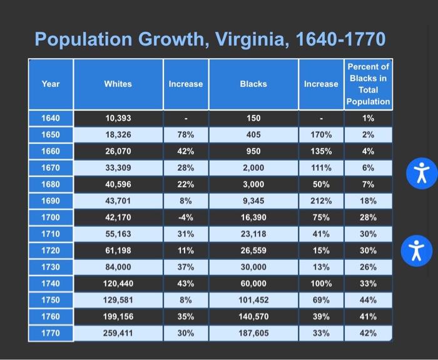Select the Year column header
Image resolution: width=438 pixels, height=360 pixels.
tap(51, 83)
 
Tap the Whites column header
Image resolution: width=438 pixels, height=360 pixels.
tap(118, 83)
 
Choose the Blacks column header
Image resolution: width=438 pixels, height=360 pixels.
tap(253, 83)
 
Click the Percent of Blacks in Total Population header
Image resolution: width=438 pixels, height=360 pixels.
tap(368, 84)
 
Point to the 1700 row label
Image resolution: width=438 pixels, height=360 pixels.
tap(51, 217)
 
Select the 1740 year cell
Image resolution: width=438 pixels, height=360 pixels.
tap(51, 283)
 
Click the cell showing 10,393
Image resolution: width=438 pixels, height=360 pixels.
tap(118, 119)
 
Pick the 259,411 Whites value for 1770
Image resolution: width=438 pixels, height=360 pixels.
tap(118, 333)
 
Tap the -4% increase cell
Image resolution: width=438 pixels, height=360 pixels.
tap(185, 217)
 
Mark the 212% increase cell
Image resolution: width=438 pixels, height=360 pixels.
tap(320, 201)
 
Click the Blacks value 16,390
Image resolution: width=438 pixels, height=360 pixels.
tap(253, 217)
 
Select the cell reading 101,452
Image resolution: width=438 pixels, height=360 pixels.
tap(253, 300)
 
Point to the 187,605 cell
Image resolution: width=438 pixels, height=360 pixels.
tap(253, 333)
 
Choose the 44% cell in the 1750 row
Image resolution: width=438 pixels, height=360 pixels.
tap(368, 300)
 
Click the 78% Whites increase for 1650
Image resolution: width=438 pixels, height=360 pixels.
tap(185, 135)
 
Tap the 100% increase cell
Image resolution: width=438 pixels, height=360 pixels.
tap(320, 283)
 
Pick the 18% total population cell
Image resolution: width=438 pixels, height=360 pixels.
tap(368, 201)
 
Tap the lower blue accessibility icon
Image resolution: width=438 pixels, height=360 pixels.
tap(420, 251)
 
